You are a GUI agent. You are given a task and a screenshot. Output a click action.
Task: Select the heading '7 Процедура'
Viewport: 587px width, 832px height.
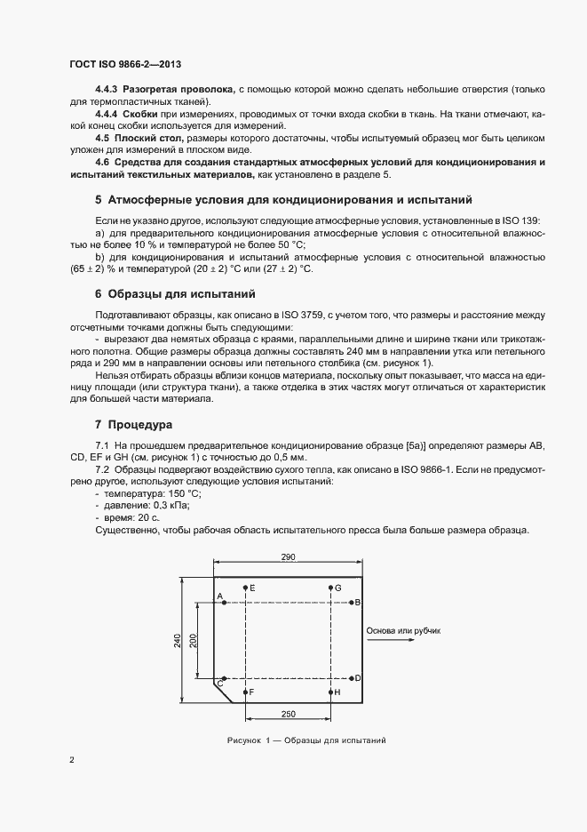[136, 424]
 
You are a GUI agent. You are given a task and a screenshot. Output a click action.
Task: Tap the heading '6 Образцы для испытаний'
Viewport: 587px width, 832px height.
[175, 293]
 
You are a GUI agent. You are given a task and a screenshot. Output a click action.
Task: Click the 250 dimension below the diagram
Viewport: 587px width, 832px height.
[288, 714]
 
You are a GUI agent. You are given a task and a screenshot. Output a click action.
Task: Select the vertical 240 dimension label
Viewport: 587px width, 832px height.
[178, 640]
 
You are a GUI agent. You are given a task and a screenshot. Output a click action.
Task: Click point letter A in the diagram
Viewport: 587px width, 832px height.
[218, 596]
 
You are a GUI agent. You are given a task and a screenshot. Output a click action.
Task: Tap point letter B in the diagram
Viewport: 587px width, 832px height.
[357, 603]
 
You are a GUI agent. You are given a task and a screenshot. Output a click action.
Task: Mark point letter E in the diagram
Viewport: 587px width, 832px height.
[252, 588]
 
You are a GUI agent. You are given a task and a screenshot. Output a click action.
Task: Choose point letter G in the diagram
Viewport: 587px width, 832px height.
[337, 588]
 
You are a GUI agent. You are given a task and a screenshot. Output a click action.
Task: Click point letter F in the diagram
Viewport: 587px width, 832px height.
[252, 692]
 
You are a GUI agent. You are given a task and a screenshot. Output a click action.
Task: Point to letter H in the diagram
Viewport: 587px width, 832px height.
[337, 692]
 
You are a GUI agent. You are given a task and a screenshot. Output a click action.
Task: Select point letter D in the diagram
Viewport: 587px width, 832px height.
[357, 678]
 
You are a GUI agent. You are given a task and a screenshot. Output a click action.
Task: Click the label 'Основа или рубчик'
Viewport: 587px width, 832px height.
[403, 630]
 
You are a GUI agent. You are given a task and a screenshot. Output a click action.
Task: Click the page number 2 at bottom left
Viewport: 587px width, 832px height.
[71, 760]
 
